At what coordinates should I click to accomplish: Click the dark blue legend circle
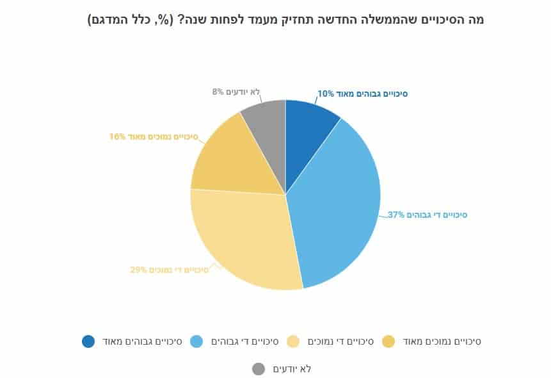coord(88,341)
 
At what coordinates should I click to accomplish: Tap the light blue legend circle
coord(198,341)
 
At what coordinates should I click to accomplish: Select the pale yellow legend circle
coord(294,341)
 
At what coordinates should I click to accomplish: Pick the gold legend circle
coord(388,341)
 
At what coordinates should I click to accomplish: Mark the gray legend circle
coord(259,369)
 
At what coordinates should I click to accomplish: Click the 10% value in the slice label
coord(326,94)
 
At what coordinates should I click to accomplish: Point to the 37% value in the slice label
coord(396,215)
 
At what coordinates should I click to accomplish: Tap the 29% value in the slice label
coord(139,270)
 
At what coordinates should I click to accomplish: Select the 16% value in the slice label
coord(118,136)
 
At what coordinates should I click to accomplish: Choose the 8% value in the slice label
coord(218,92)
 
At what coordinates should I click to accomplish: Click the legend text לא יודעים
coord(292,369)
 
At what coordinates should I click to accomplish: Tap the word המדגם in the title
coord(109,20)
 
